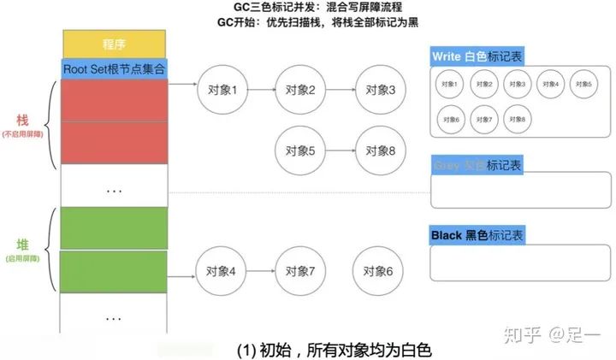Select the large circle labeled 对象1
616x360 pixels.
tap(222, 89)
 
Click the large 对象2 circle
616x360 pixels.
tap(299, 89)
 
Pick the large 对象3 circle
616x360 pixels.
tap(379, 89)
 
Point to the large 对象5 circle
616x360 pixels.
tap(299, 151)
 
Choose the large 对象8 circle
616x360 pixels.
tap(379, 151)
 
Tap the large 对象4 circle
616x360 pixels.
tap(222, 272)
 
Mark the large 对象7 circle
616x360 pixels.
tap(299, 272)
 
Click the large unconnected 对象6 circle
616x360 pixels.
tap(379, 272)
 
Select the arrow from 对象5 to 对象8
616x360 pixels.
tap(339, 151)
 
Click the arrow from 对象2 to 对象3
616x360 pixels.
tap(339, 89)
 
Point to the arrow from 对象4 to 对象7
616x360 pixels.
tap(260, 272)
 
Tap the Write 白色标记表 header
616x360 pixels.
tap(477, 56)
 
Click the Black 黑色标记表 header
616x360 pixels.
tap(477, 234)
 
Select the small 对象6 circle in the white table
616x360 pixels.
tap(452, 118)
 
